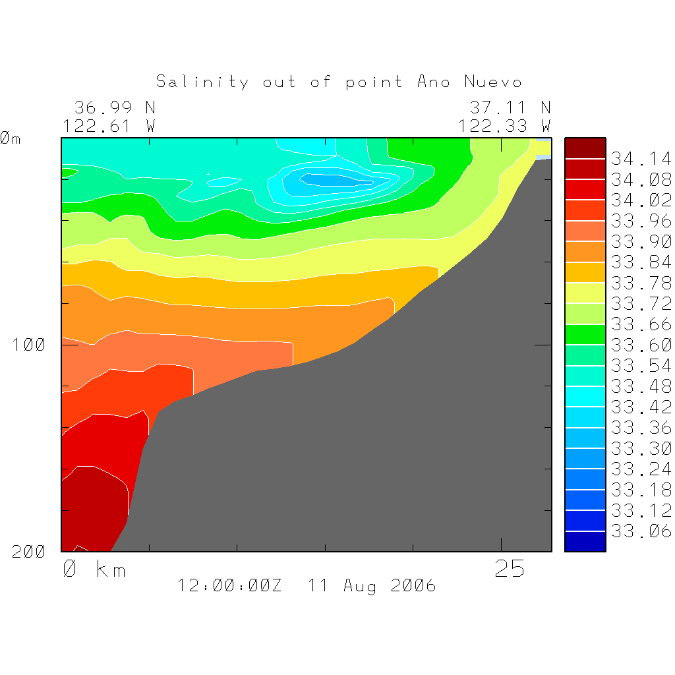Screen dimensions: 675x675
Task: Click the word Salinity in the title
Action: pyautogui.click(x=202, y=82)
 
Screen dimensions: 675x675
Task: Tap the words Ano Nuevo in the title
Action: pyautogui.click(x=469, y=82)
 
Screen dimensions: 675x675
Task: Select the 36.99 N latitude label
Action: pyautogui.click(x=115, y=107)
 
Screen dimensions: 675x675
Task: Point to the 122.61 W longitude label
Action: pyautogui.click(x=109, y=125)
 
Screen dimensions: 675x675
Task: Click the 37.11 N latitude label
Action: pyautogui.click(x=510, y=107)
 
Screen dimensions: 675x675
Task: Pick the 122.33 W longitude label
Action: pyautogui.click(x=504, y=125)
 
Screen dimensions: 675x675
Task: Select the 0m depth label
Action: pyautogui.click(x=11, y=138)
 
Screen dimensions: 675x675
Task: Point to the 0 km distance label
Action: pyautogui.click(x=94, y=569)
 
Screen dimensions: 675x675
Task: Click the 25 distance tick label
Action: pyautogui.click(x=510, y=569)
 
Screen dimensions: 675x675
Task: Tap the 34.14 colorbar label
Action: pyautogui.click(x=641, y=159)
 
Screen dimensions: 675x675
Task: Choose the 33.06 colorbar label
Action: pyautogui.click(x=641, y=531)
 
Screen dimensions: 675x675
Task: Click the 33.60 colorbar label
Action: pyautogui.click(x=641, y=345)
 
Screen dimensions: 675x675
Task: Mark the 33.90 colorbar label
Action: pyautogui.click(x=641, y=241)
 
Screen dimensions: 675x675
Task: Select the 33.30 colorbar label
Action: pyautogui.click(x=641, y=449)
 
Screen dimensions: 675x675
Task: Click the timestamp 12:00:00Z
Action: pyautogui.click(x=229, y=585)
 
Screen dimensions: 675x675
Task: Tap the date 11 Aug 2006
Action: pyautogui.click(x=372, y=585)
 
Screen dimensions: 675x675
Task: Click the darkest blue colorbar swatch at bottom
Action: pyautogui.click(x=585, y=542)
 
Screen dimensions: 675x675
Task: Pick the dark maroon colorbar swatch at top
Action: pyautogui.click(x=585, y=148)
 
